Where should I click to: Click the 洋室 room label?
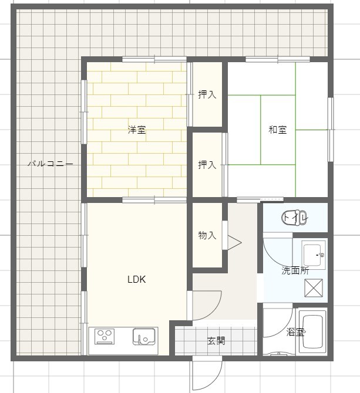coord(137,130)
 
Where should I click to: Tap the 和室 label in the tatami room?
coord(278,130)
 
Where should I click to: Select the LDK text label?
coord(137,279)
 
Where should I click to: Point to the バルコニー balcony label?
coord(51,164)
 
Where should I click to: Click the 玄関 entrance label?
coord(216,341)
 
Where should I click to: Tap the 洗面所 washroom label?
coord(295,270)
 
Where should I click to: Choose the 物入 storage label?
coord(207,235)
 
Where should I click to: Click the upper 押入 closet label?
coord(207,94)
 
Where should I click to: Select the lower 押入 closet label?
coord(207,165)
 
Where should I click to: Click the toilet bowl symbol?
coord(294,218)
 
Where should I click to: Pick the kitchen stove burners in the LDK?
coord(105,336)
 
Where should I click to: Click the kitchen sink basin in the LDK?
coord(143,337)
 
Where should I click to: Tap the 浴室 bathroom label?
coord(295,333)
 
